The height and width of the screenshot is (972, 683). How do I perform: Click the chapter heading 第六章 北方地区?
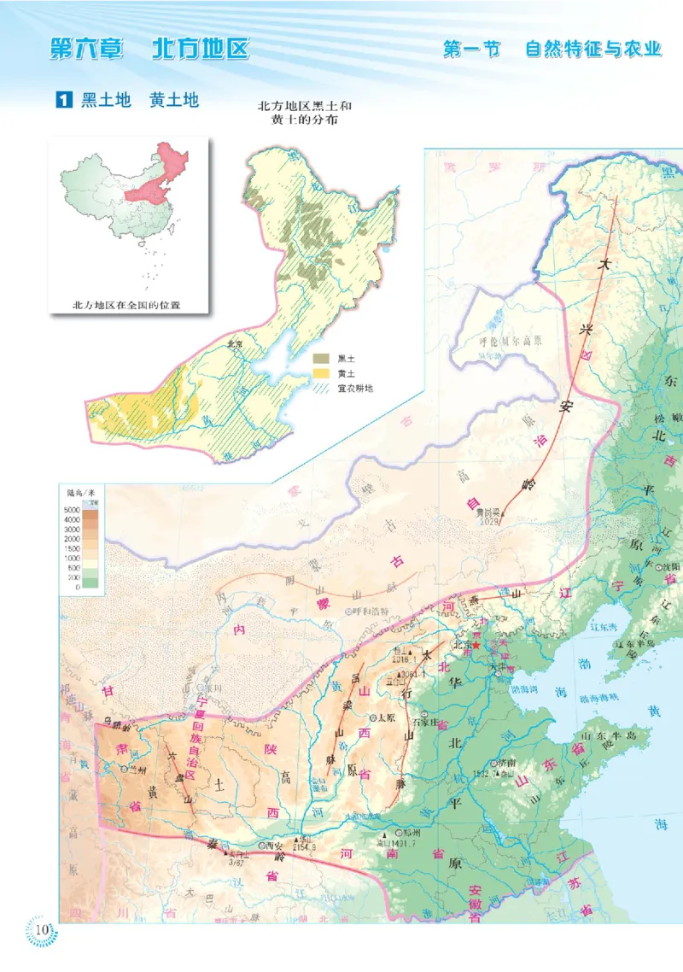pyautogui.click(x=149, y=49)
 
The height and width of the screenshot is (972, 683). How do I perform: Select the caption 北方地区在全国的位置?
pyautogui.click(x=127, y=304)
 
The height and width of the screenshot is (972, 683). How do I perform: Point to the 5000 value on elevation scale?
pyautogui.click(x=72, y=510)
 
